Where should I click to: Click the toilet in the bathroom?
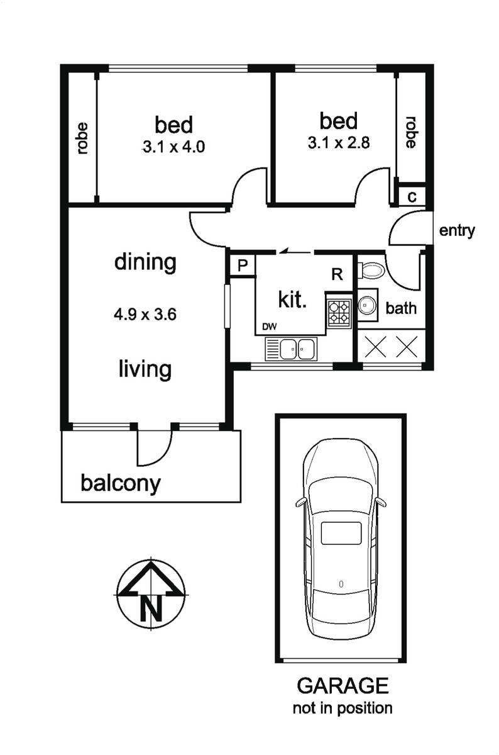(371, 271)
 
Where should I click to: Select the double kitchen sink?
(291, 349)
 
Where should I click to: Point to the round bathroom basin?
(366, 305)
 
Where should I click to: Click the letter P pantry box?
(243, 266)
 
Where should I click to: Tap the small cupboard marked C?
(412, 197)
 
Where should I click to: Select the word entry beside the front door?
(457, 231)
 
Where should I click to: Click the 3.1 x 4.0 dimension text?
(173, 147)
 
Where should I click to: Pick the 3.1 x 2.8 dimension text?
(339, 143)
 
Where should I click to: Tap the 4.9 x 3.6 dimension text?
(145, 315)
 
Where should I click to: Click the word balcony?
(121, 484)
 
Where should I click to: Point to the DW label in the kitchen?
(270, 327)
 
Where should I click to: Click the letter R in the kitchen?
(337, 274)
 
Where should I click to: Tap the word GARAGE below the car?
(343, 686)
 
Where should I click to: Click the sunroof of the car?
(341, 534)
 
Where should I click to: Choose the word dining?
(145, 262)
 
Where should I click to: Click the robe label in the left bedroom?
(83, 138)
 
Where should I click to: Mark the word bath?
(401, 308)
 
